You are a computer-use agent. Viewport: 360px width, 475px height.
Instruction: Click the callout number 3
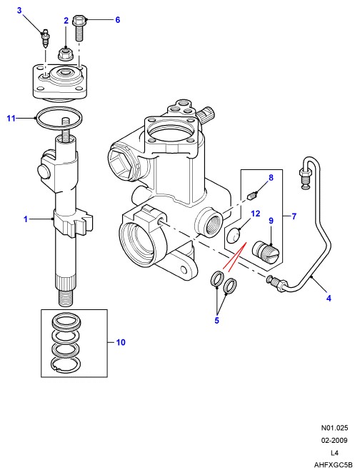pyautogui.click(x=19, y=11)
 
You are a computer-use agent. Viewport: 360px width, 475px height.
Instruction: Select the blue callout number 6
pyautogui.click(x=118, y=20)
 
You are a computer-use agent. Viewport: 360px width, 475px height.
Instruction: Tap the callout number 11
pyautogui.click(x=11, y=118)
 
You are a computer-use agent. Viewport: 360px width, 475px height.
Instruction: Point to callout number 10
pyautogui.click(x=121, y=342)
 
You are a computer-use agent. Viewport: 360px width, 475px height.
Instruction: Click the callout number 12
pyautogui.click(x=256, y=214)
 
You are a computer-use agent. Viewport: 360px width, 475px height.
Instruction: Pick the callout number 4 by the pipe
pyautogui.click(x=329, y=298)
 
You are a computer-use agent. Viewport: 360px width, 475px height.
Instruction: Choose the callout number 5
pyautogui.click(x=216, y=320)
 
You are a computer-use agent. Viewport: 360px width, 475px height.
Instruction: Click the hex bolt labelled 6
pyautogui.click(x=79, y=28)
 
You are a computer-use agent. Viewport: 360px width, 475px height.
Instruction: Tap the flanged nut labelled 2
pyautogui.click(x=64, y=54)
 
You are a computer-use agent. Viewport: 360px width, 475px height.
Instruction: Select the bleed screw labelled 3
pyautogui.click(x=45, y=38)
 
